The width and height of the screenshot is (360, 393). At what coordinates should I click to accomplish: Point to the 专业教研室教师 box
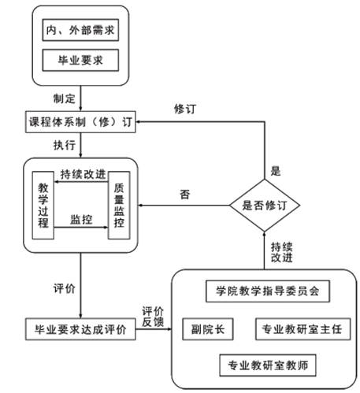(267, 364)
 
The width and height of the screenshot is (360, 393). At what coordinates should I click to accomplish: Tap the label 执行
(65, 146)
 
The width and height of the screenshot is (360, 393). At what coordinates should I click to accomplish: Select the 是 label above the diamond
(276, 170)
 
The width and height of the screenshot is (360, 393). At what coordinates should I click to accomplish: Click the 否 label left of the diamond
(184, 194)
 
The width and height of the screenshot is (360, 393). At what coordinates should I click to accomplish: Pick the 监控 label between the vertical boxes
(81, 219)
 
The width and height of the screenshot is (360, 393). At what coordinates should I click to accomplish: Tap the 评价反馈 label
(153, 317)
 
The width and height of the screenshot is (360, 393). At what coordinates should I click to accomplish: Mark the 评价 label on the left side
(65, 288)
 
